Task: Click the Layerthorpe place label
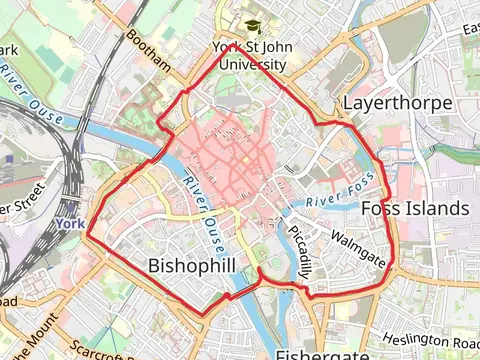[397, 103]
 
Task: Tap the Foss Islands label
[414, 208]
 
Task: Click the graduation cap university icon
[249, 27]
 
